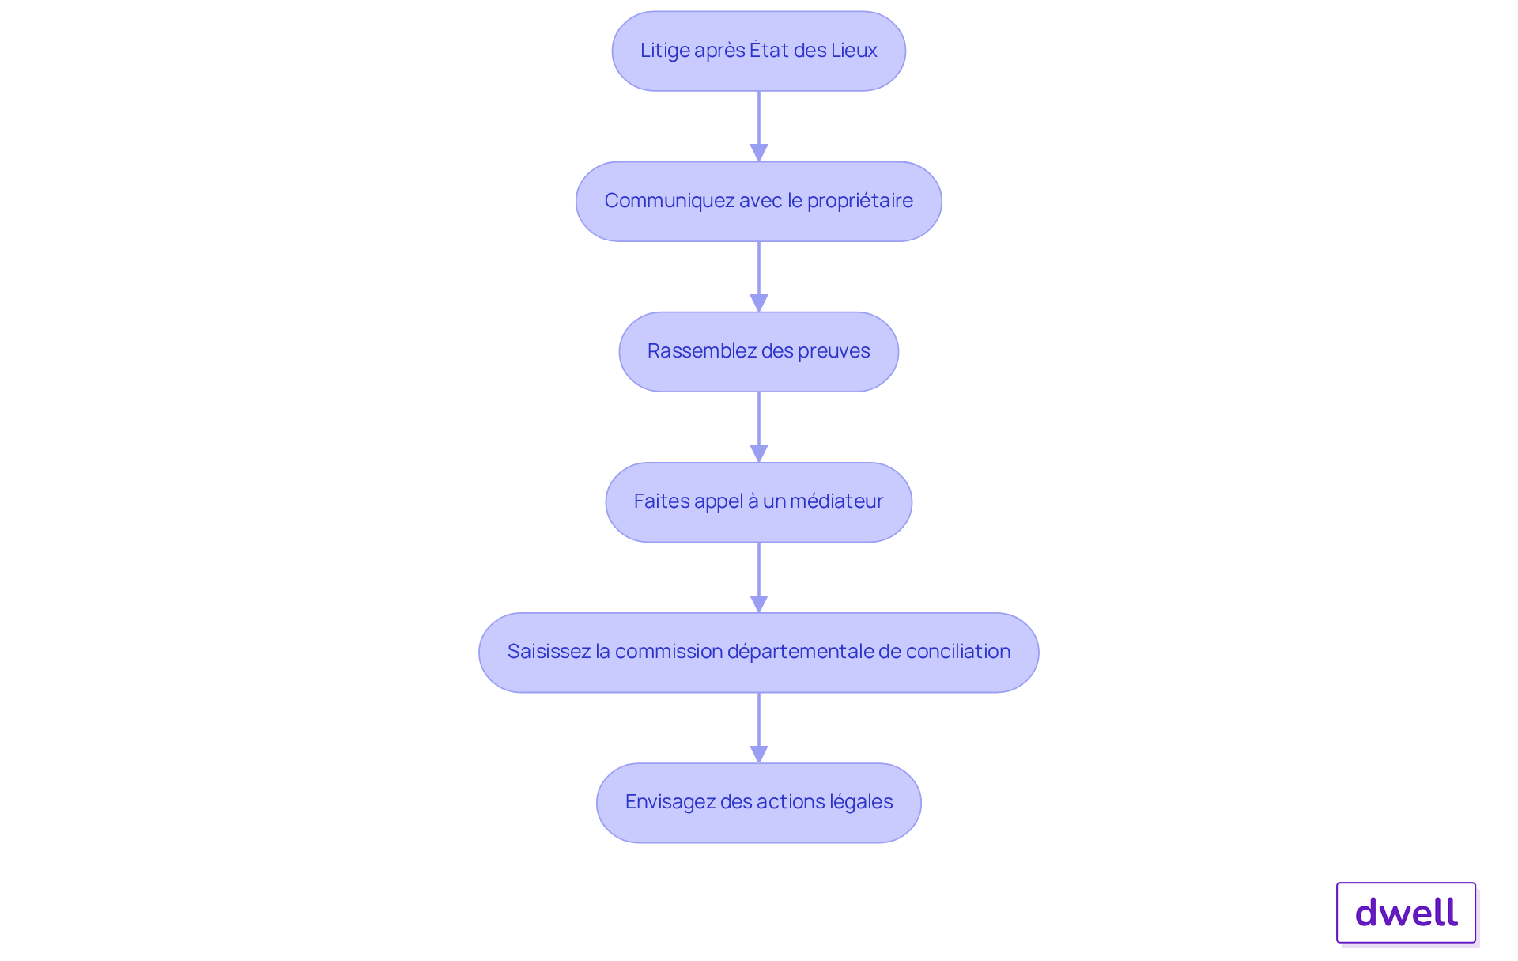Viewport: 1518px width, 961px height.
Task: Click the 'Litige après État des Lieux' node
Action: pyautogui.click(x=758, y=51)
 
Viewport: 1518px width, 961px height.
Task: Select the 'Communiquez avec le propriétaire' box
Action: pyautogui.click(x=758, y=202)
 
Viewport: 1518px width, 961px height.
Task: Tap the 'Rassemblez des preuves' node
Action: pyautogui.click(x=758, y=352)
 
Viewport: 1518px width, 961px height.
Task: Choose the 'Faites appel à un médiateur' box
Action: pyautogui.click(x=758, y=502)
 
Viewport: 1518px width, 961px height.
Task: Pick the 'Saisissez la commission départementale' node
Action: pyautogui.click(x=758, y=653)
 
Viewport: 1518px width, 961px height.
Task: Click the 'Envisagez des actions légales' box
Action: pyautogui.click(x=758, y=803)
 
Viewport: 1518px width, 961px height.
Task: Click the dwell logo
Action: pyautogui.click(x=1406, y=913)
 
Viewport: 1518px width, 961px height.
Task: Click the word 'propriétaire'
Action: pyautogui.click(x=859, y=201)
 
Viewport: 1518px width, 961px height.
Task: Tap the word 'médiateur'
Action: pyautogui.click(x=836, y=501)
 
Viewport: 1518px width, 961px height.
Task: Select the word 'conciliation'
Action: pyautogui.click(x=958, y=652)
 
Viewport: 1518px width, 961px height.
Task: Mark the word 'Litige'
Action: pyautogui.click(x=665, y=51)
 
